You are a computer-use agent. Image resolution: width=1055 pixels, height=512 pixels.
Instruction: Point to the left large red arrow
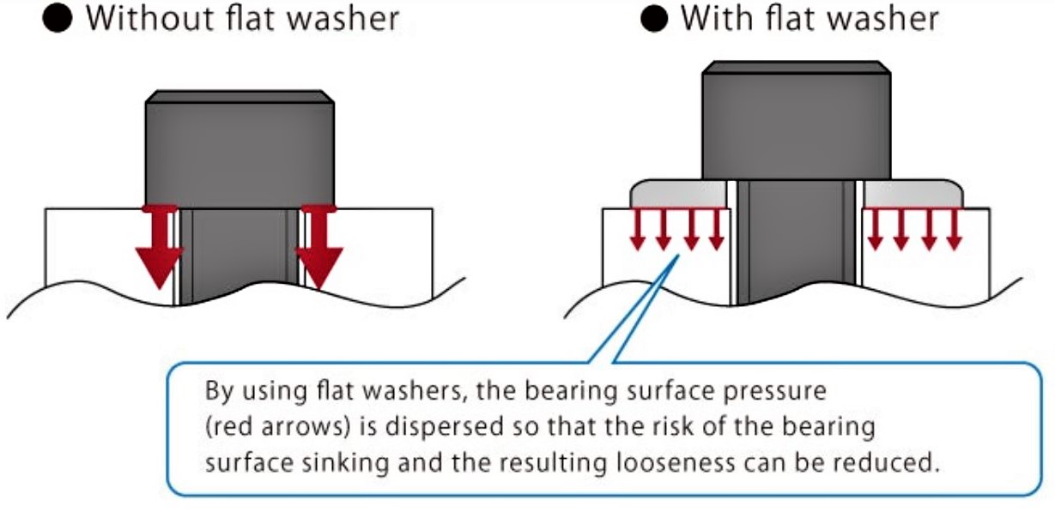tap(159, 249)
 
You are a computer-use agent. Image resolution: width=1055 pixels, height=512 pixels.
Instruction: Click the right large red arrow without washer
tap(318, 249)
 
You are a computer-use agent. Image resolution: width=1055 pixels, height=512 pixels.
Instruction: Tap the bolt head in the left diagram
tap(239, 146)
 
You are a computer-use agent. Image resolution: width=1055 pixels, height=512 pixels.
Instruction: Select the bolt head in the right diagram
tap(794, 120)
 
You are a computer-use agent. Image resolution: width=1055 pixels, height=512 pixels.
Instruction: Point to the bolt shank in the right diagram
tap(795, 240)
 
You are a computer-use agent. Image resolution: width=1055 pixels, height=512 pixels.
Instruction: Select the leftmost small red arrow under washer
tap(637, 229)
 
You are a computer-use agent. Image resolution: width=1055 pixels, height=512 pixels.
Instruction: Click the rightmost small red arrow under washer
tap(954, 229)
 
